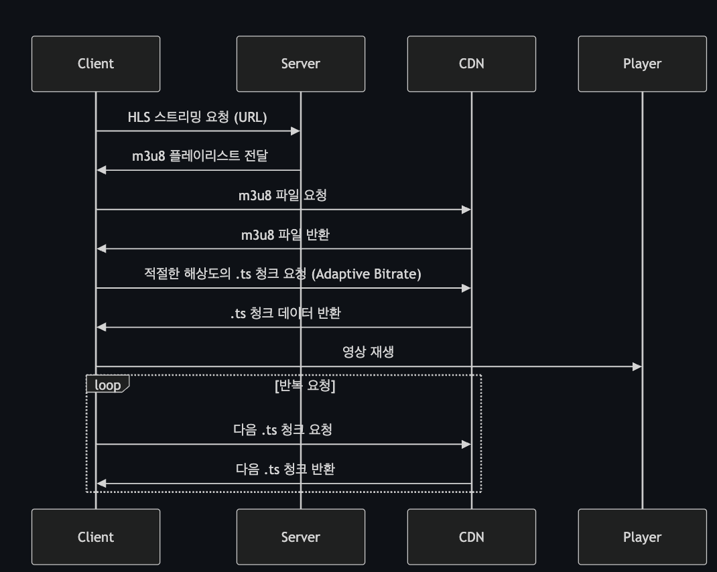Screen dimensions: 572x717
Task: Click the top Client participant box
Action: pyautogui.click(x=96, y=64)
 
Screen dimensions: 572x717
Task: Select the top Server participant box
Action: pyautogui.click(x=300, y=64)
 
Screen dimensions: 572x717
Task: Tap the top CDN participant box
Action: pyautogui.click(x=471, y=64)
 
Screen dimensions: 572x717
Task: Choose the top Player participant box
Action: pyautogui.click(x=642, y=64)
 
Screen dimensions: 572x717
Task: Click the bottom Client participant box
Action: pyautogui.click(x=96, y=537)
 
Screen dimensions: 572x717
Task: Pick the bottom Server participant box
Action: pyautogui.click(x=300, y=537)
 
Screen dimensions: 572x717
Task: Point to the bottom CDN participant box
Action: pyautogui.click(x=471, y=537)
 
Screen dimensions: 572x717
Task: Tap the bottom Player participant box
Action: pyautogui.click(x=642, y=537)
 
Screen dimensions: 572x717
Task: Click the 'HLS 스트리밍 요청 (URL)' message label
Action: pyautogui.click(x=198, y=117)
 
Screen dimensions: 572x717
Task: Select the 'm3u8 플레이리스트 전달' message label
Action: pyautogui.click(x=200, y=156)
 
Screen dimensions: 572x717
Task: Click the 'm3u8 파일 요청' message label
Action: pyautogui.click(x=283, y=196)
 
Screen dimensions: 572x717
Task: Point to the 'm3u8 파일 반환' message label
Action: pyautogui.click(x=285, y=235)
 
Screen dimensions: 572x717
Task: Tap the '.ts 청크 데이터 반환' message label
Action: pyautogui.click(x=285, y=313)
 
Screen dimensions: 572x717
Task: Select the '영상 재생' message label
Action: pyautogui.click(x=368, y=352)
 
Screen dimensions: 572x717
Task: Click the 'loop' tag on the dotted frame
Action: pyautogui.click(x=107, y=385)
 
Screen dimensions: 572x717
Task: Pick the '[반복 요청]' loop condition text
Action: pyautogui.click(x=305, y=386)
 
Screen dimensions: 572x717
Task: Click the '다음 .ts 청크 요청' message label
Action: pyautogui.click(x=283, y=430)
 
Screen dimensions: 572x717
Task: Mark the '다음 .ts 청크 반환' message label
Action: pyautogui.click(x=285, y=469)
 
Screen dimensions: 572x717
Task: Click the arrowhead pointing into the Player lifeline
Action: pyautogui.click(x=637, y=366)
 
